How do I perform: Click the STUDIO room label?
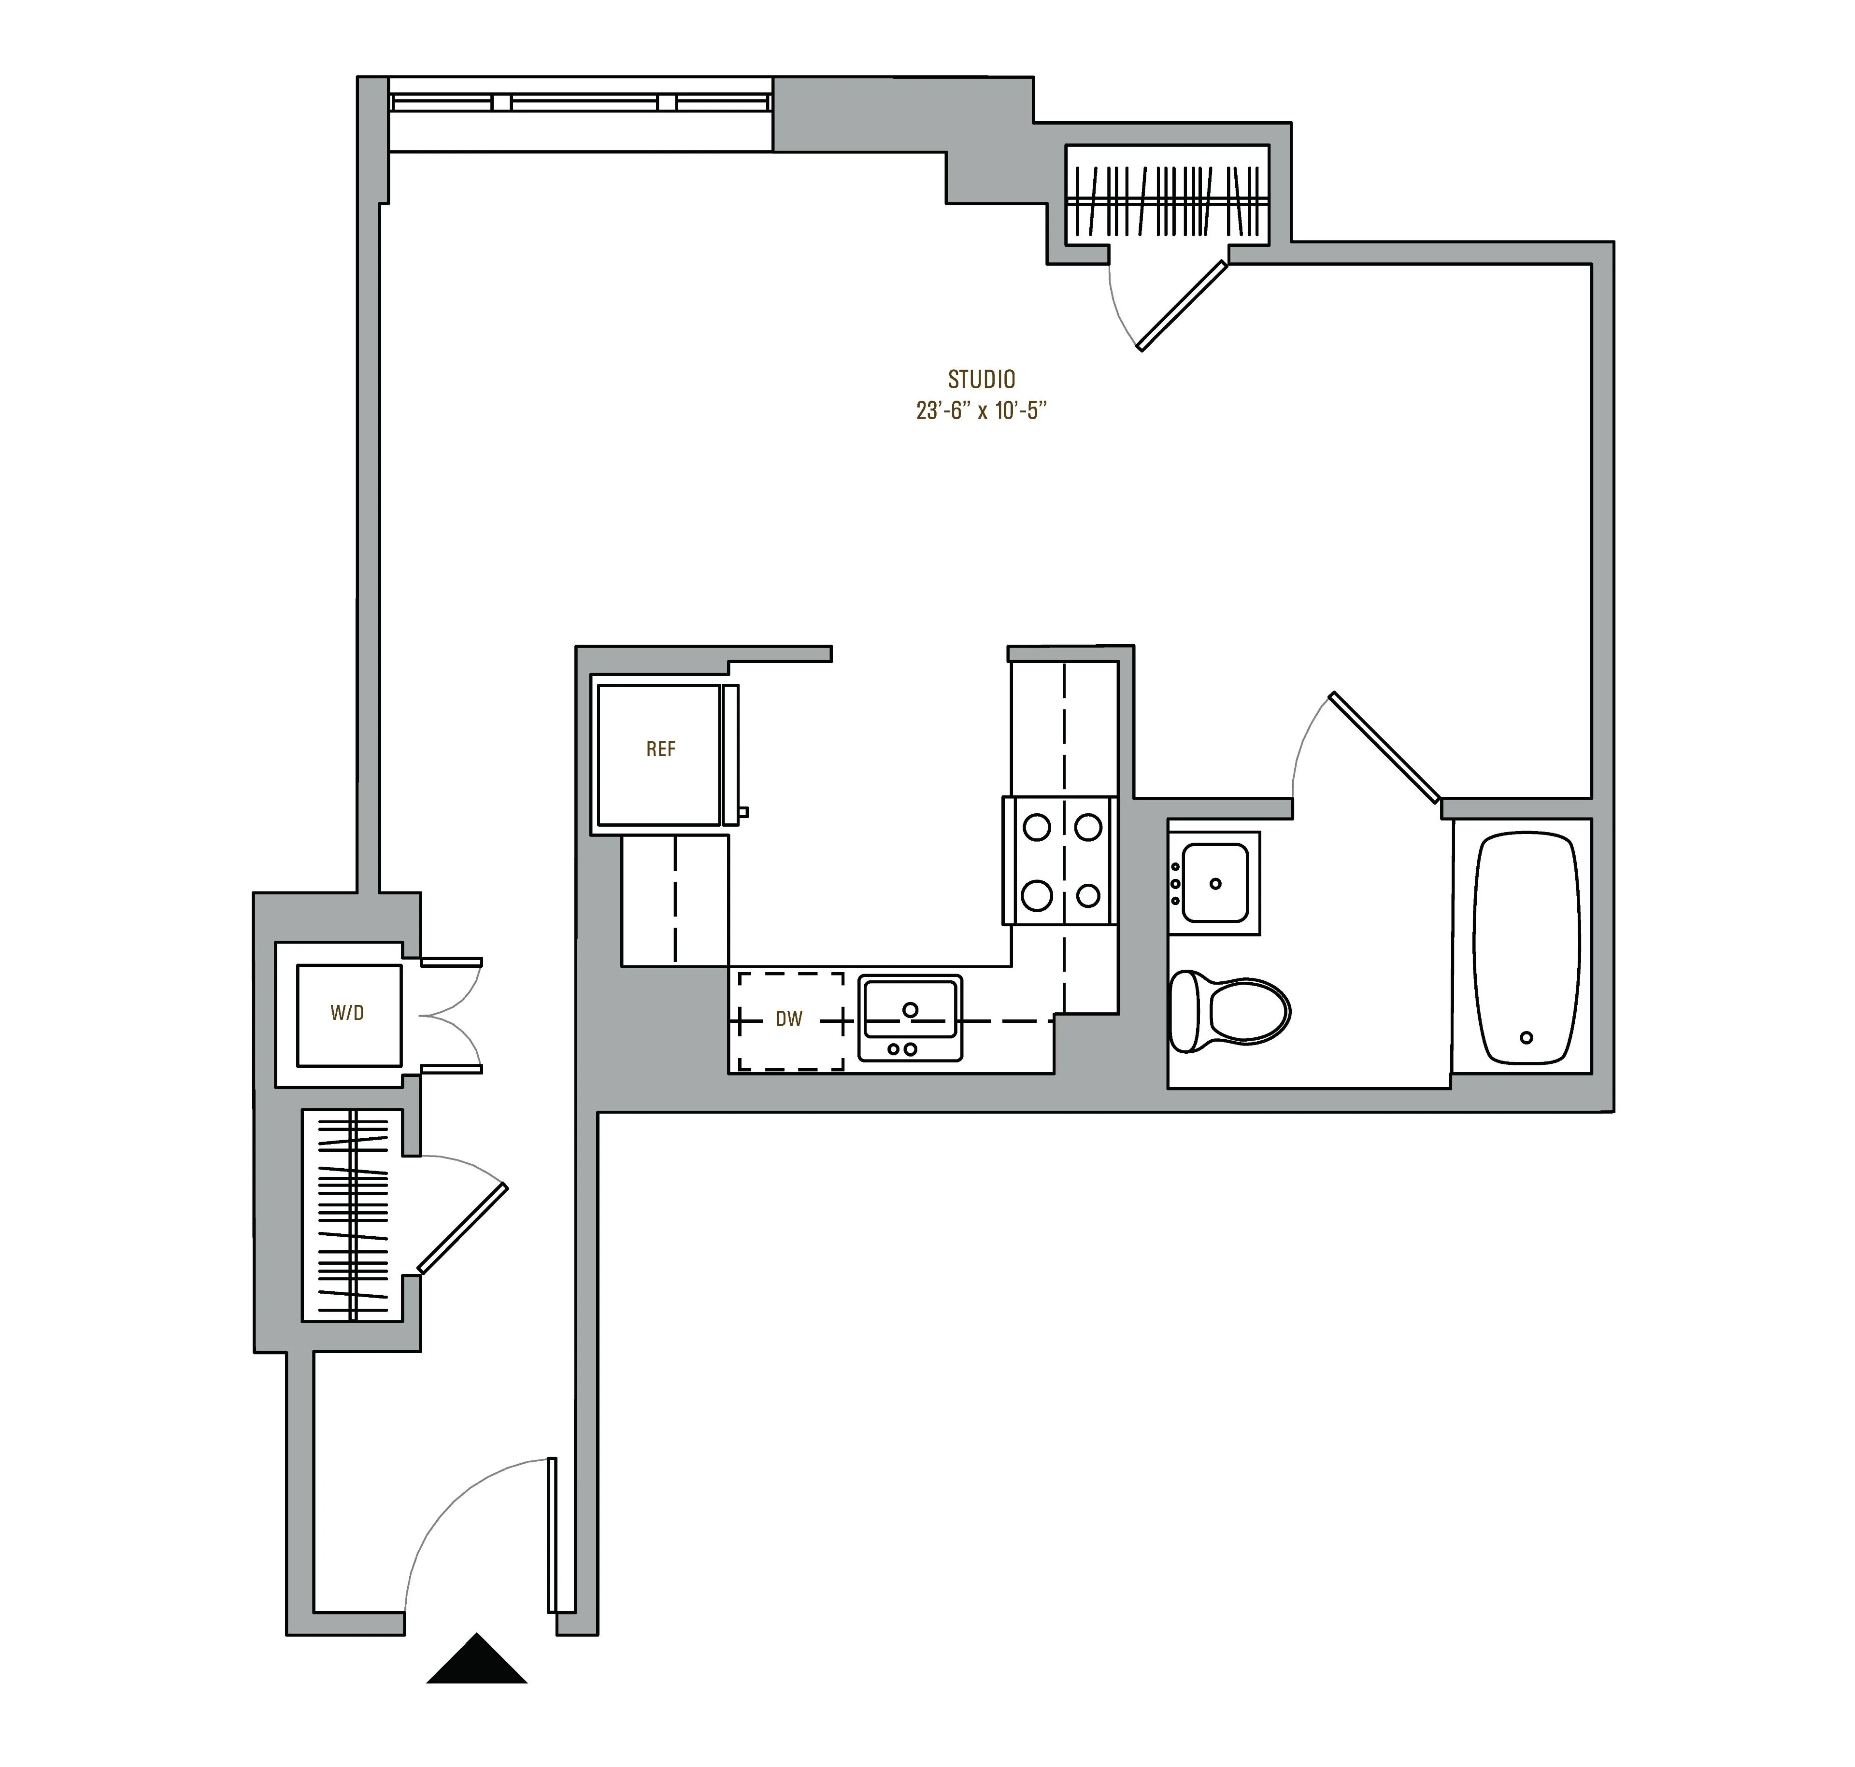981,380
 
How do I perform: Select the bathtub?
1524,947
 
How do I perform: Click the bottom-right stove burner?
1088,895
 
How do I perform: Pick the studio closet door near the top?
1182,306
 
